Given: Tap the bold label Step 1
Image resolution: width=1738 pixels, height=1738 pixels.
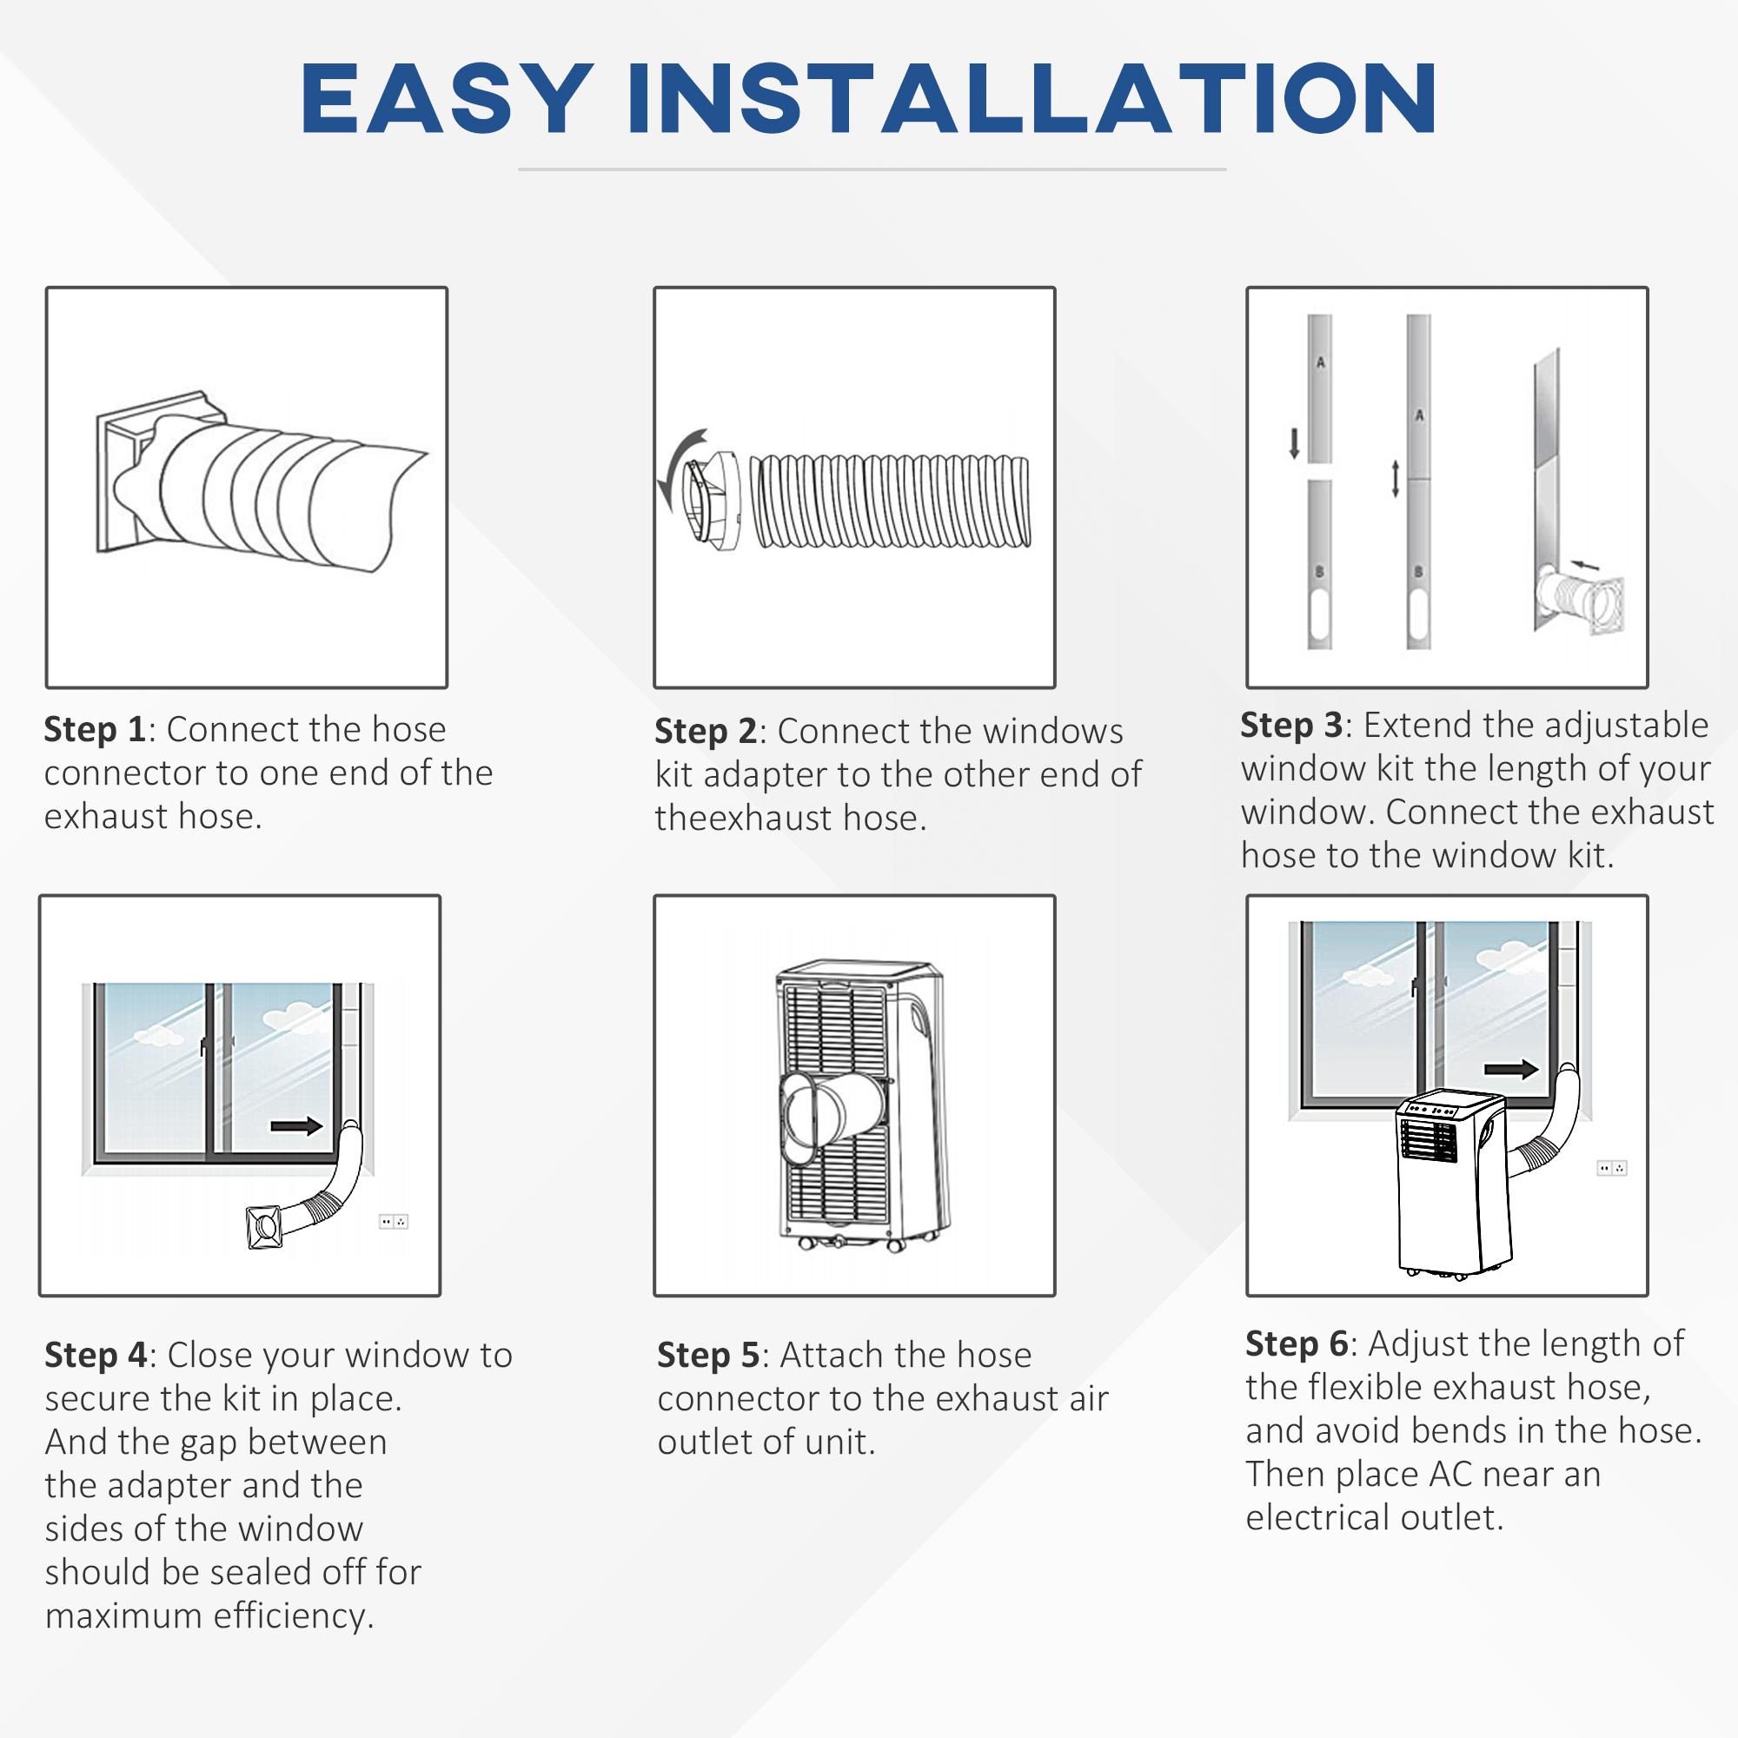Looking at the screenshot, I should click(x=95, y=730).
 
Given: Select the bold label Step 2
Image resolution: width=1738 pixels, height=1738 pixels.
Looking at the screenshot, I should click(x=705, y=732).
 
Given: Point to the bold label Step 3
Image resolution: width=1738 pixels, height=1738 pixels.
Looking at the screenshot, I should click(x=1291, y=725).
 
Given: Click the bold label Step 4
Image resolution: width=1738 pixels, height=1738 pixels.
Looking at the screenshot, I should click(x=96, y=1355).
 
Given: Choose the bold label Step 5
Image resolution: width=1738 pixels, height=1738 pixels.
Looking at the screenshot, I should click(x=708, y=1355).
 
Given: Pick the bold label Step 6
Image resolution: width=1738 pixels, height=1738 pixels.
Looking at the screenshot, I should click(x=1297, y=1344).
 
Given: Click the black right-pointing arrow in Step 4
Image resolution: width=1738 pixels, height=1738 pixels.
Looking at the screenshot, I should click(x=296, y=1126).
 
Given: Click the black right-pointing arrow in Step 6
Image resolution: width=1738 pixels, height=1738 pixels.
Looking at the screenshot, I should click(x=1510, y=1069).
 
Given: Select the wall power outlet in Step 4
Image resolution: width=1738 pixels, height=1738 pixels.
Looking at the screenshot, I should click(x=393, y=1222).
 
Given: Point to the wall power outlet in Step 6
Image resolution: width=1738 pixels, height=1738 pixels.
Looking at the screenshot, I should click(x=1611, y=1169).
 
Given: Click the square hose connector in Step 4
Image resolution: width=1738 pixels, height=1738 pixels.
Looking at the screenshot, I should click(x=264, y=1227).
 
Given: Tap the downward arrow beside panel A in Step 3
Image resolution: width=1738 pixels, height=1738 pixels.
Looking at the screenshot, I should click(x=1294, y=442).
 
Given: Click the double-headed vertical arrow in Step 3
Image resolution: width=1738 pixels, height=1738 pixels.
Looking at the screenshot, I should click(x=1396, y=479).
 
